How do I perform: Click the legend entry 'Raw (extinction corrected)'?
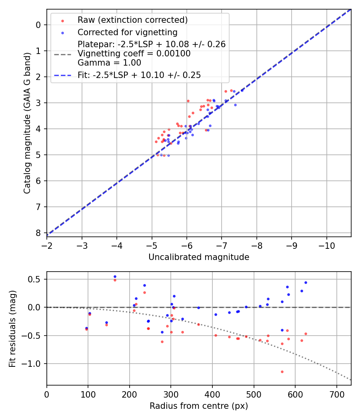click(132, 20)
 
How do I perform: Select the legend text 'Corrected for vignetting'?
click(127, 32)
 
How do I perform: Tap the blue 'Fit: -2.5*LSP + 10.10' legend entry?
click(139, 75)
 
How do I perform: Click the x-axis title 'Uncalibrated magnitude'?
click(199, 257)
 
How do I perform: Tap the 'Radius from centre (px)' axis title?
click(199, 406)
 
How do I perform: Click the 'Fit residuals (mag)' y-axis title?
click(12, 328)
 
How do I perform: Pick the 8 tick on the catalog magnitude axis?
click(38, 233)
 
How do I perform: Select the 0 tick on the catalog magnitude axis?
click(38, 25)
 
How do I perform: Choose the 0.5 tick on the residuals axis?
click(36, 279)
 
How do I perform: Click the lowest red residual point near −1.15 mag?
click(282, 372)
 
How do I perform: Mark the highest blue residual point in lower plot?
click(115, 276)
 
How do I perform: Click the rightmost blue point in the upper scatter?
click(242, 90)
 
